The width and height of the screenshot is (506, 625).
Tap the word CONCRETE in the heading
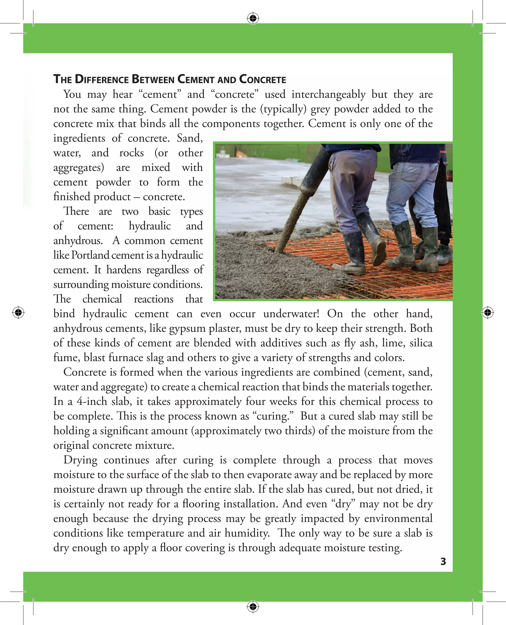click(x=262, y=79)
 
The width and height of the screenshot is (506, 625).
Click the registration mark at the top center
click(x=253, y=18)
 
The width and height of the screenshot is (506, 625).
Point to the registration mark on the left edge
click(x=18, y=312)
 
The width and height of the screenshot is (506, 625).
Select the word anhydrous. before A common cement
click(x=78, y=241)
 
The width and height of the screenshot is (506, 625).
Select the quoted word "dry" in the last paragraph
click(x=343, y=504)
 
